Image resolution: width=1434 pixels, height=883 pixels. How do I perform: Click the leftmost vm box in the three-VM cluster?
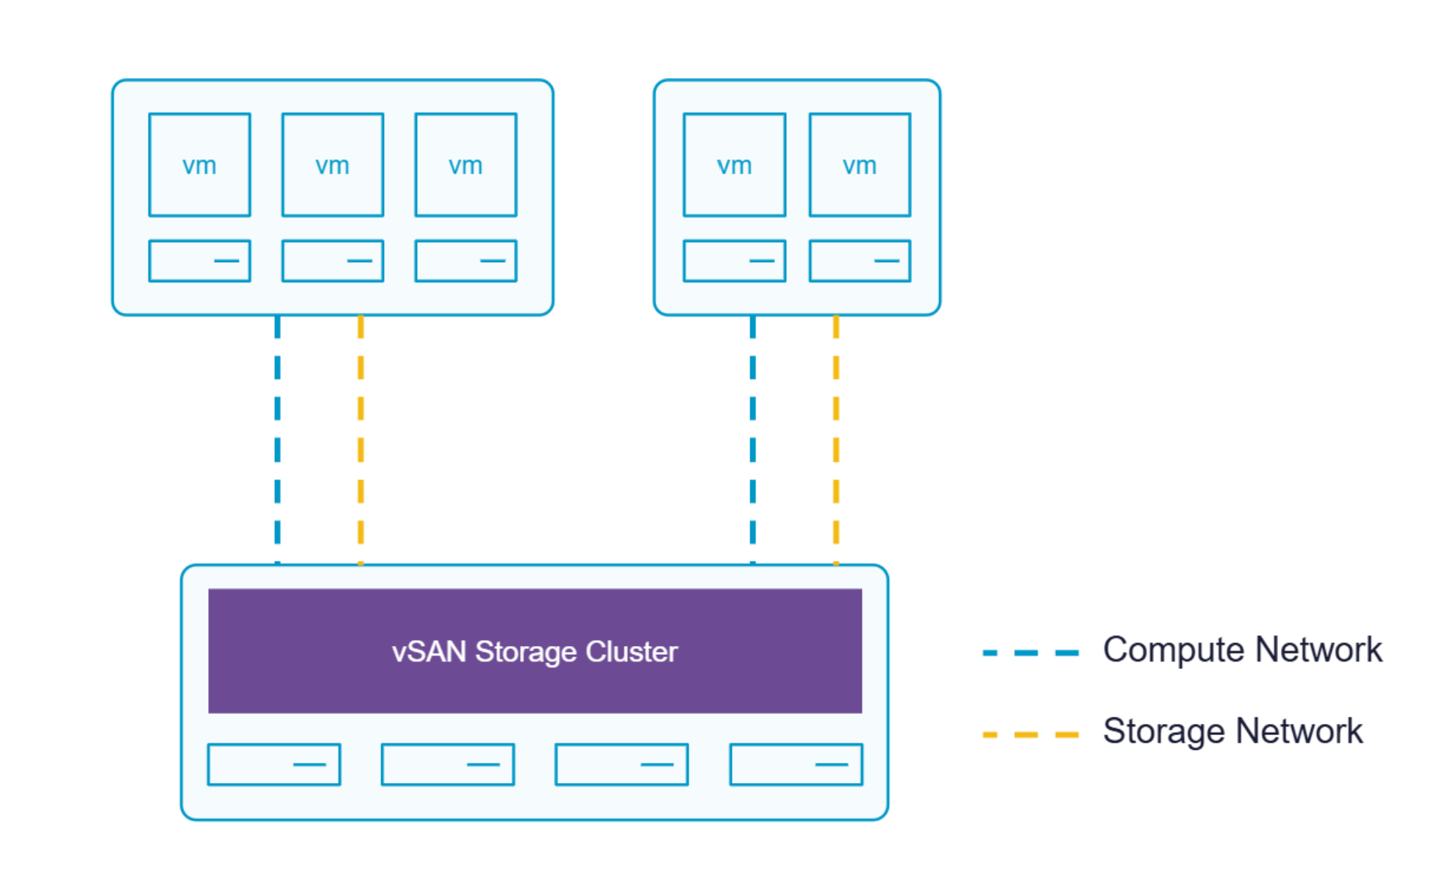[x=199, y=165]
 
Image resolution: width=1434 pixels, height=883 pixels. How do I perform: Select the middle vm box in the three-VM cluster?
[x=332, y=165]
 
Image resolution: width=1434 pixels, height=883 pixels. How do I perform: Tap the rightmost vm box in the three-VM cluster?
[x=465, y=165]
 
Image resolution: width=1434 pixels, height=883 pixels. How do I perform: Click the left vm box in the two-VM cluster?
[x=734, y=165]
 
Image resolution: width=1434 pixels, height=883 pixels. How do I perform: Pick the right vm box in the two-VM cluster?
[x=860, y=165]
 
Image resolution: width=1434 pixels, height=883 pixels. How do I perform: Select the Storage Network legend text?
[x=1233, y=731]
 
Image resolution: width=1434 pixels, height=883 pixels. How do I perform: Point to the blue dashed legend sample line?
[x=1030, y=653]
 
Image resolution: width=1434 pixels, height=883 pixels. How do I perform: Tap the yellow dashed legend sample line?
[x=1030, y=734]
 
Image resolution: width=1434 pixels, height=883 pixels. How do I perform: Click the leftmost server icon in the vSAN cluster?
[x=274, y=765]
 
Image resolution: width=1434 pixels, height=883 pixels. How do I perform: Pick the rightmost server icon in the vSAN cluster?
[x=796, y=765]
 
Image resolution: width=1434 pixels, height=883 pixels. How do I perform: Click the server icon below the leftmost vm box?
[x=199, y=260]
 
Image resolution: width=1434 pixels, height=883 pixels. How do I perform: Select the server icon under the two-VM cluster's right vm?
[x=860, y=260]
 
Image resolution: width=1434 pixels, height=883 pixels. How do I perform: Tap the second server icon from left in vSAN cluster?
[x=447, y=765]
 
